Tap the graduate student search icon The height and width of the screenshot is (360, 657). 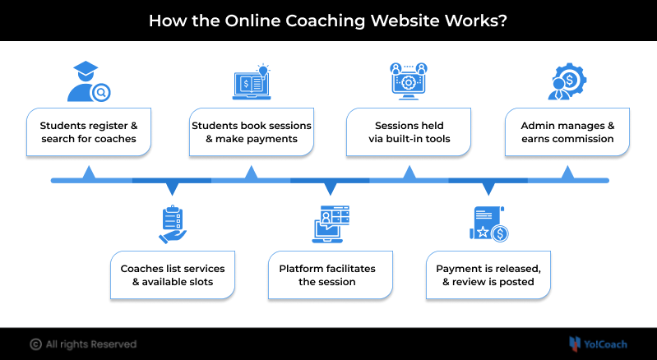tap(88, 82)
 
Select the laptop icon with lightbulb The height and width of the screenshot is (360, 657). tap(251, 82)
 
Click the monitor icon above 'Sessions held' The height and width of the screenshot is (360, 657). tap(408, 82)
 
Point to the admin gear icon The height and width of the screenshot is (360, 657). tap(567, 82)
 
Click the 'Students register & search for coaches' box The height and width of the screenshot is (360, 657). tap(89, 132)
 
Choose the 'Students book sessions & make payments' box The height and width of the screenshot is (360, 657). tap(251, 132)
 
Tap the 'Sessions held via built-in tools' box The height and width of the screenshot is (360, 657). tap(409, 132)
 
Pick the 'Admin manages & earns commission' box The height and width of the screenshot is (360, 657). tap(567, 132)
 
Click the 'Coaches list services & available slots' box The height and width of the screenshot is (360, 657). tap(173, 275)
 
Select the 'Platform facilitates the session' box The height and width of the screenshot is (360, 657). tap(331, 275)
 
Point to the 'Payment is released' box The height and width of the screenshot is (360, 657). tap(488, 275)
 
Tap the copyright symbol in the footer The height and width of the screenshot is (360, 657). tap(35, 344)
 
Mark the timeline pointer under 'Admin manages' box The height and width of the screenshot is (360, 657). tap(567, 173)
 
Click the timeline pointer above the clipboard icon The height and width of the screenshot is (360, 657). tap(173, 188)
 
